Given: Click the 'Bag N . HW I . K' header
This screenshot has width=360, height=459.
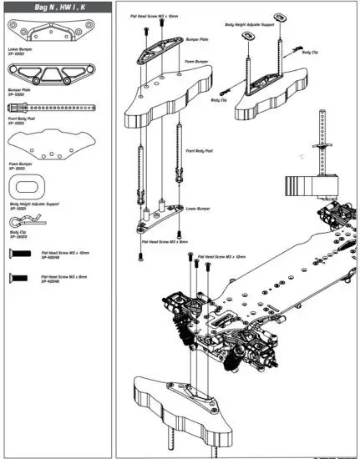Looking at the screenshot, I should tap(58, 7).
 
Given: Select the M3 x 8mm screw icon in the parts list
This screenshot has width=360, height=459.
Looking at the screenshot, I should tap(19, 276).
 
